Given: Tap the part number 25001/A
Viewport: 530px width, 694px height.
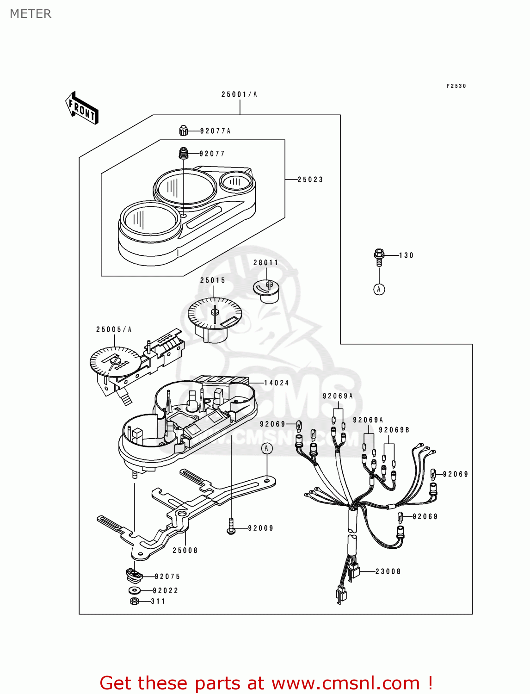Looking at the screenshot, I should [239, 94].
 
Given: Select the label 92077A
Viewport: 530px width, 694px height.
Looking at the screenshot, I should [215, 131].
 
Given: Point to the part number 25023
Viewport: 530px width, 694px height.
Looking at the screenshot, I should [310, 180].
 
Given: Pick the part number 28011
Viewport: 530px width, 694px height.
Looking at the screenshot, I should [266, 263].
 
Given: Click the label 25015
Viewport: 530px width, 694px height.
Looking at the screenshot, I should [213, 280].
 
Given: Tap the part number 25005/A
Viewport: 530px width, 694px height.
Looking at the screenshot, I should [114, 329].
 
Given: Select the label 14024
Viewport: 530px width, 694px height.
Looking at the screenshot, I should [276, 383].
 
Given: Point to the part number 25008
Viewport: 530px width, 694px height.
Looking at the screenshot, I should [185, 551].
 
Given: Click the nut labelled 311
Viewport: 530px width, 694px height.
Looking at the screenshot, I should [135, 601].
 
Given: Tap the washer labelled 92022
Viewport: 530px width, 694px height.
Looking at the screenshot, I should [135, 590].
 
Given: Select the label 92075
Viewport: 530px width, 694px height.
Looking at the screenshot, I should [167, 576].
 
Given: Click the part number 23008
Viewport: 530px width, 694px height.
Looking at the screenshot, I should [388, 571].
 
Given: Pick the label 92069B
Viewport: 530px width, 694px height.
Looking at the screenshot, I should [394, 430].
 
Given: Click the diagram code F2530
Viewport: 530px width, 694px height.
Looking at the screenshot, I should [456, 86].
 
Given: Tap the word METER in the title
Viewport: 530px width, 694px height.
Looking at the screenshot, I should [31, 14].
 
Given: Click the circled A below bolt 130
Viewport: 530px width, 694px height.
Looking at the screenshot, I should [379, 290].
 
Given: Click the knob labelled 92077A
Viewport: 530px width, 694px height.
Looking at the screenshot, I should [184, 131].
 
